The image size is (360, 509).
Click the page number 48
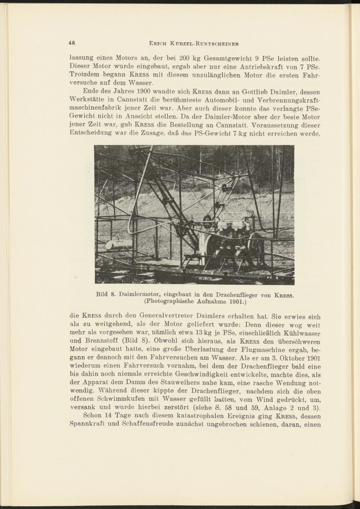click(x=72, y=43)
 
